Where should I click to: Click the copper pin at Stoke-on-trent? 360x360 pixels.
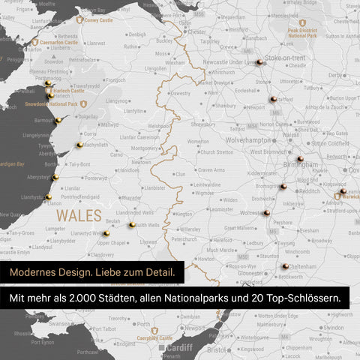tap(259, 63)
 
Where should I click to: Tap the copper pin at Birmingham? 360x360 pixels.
tap(299, 159)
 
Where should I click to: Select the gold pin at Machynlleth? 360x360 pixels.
tap(79, 144)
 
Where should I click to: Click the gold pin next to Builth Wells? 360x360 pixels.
tap(132, 223)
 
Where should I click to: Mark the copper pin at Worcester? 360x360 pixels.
tap(265, 214)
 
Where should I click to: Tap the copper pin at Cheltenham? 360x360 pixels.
tap(286, 265)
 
